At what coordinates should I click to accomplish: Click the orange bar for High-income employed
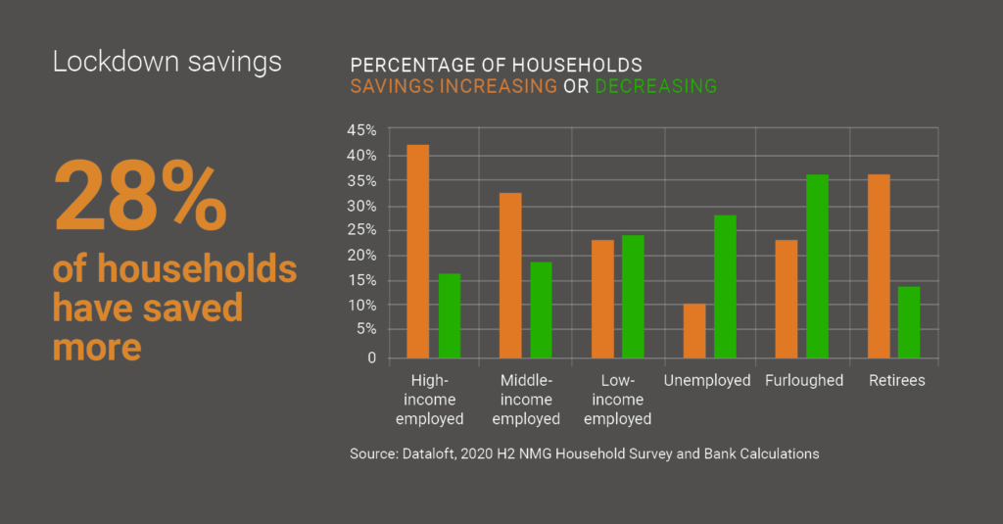pyautogui.click(x=418, y=251)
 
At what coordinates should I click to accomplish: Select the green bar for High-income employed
pyautogui.click(x=449, y=315)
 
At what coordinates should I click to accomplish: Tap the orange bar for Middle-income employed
pyautogui.click(x=510, y=275)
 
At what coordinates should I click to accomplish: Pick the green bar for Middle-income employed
pyautogui.click(x=541, y=310)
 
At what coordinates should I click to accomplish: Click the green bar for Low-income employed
pyautogui.click(x=633, y=296)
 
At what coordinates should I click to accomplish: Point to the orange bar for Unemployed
pyautogui.click(x=694, y=331)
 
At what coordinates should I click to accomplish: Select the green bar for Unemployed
pyautogui.click(x=725, y=286)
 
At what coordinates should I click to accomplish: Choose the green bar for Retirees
pyautogui.click(x=909, y=321)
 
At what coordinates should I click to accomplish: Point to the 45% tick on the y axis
pyautogui.click(x=361, y=130)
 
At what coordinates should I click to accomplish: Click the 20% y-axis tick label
pyautogui.click(x=361, y=256)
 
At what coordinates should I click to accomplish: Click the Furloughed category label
pyautogui.click(x=804, y=380)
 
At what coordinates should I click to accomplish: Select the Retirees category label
pyautogui.click(x=896, y=380)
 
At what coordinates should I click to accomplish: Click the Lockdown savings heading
pyautogui.click(x=167, y=62)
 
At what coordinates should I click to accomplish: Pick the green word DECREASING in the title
pyautogui.click(x=655, y=86)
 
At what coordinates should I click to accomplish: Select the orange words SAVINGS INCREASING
pyautogui.click(x=454, y=86)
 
